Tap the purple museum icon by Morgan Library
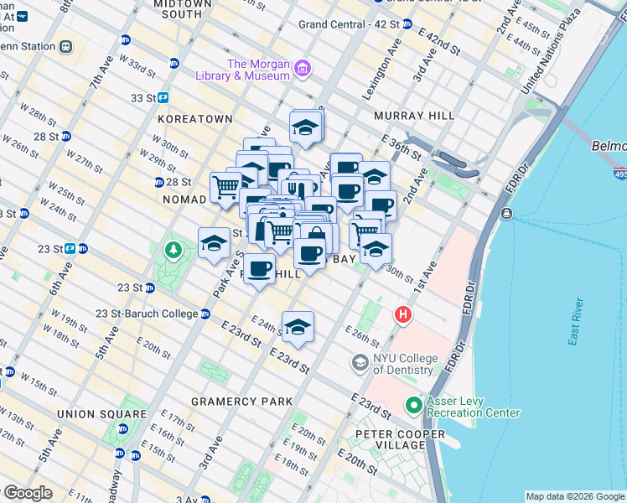point(302,68)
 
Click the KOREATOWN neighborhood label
point(194,119)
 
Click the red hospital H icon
point(403,315)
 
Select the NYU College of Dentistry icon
point(360,363)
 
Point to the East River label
point(575,322)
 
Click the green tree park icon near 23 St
point(173,250)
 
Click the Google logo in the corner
point(27,493)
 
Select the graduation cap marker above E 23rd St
point(298,328)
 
